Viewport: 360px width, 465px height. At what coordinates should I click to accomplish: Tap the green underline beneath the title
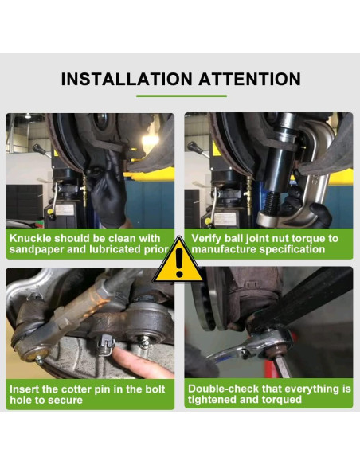[x=181, y=96]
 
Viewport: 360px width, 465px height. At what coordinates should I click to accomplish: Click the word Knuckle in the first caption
[x=29, y=238]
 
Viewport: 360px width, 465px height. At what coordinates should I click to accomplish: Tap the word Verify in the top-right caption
[x=205, y=238]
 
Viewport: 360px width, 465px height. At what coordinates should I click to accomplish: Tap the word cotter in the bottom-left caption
[x=81, y=389]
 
